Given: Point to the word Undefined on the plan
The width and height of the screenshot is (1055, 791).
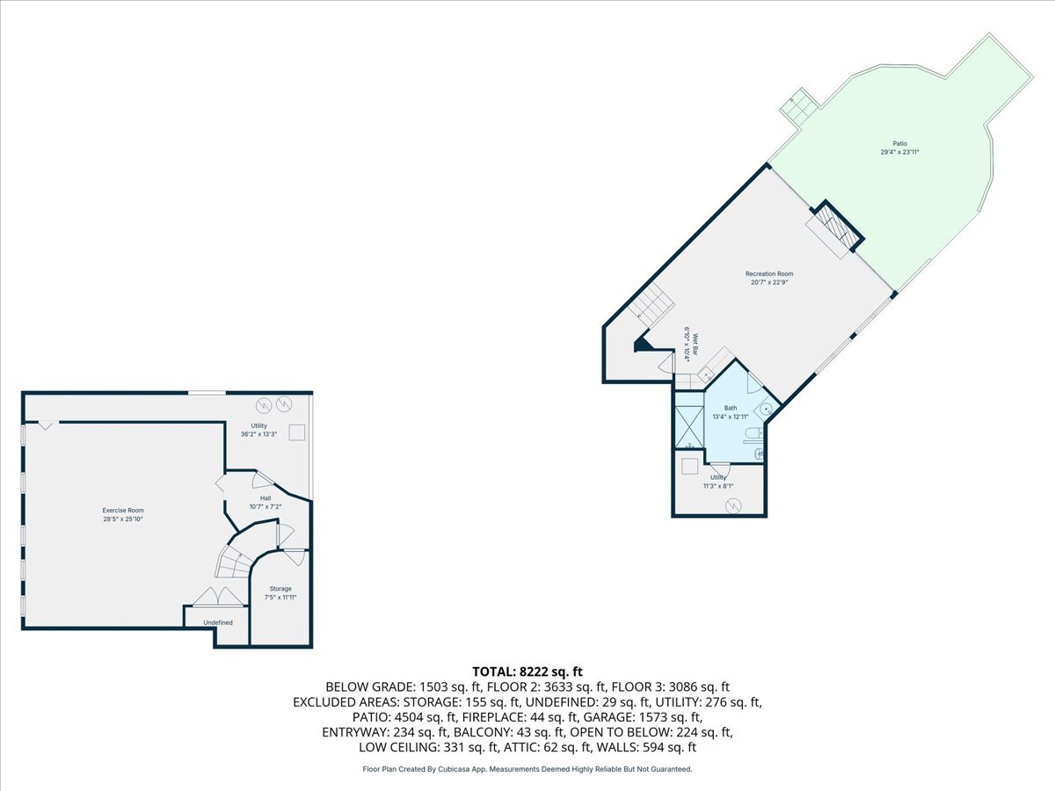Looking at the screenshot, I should [218, 623].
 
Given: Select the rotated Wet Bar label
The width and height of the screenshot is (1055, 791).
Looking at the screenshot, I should [694, 344].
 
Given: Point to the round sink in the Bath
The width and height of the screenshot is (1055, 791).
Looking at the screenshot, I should [766, 410].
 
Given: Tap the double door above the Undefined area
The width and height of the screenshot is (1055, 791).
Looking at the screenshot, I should [219, 597].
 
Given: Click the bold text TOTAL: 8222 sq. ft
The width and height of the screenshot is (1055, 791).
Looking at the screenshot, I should [527, 671].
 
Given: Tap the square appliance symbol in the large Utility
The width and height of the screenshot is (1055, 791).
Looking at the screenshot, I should [296, 432].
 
